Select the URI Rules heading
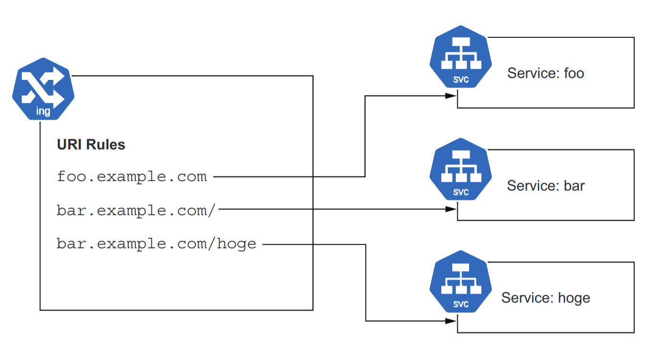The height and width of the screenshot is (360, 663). pos(91,144)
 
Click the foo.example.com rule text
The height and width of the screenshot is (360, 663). pos(131,177)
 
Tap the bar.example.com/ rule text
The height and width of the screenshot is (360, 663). pos(136,211)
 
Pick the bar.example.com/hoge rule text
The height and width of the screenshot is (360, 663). pos(156,244)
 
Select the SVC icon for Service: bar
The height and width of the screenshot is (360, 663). pos(460,169)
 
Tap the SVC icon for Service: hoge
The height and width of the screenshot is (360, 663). pos(460,281)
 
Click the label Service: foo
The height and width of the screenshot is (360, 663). pos(545,73)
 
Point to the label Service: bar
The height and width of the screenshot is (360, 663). pos(545,185)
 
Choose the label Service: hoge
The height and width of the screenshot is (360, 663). pos(545,298)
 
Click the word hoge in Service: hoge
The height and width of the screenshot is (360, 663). pos(574,298)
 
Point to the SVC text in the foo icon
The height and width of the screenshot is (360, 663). pos(461,80)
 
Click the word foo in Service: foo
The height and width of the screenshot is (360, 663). pos(574,73)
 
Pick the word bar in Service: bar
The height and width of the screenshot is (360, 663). pos(574,185)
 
